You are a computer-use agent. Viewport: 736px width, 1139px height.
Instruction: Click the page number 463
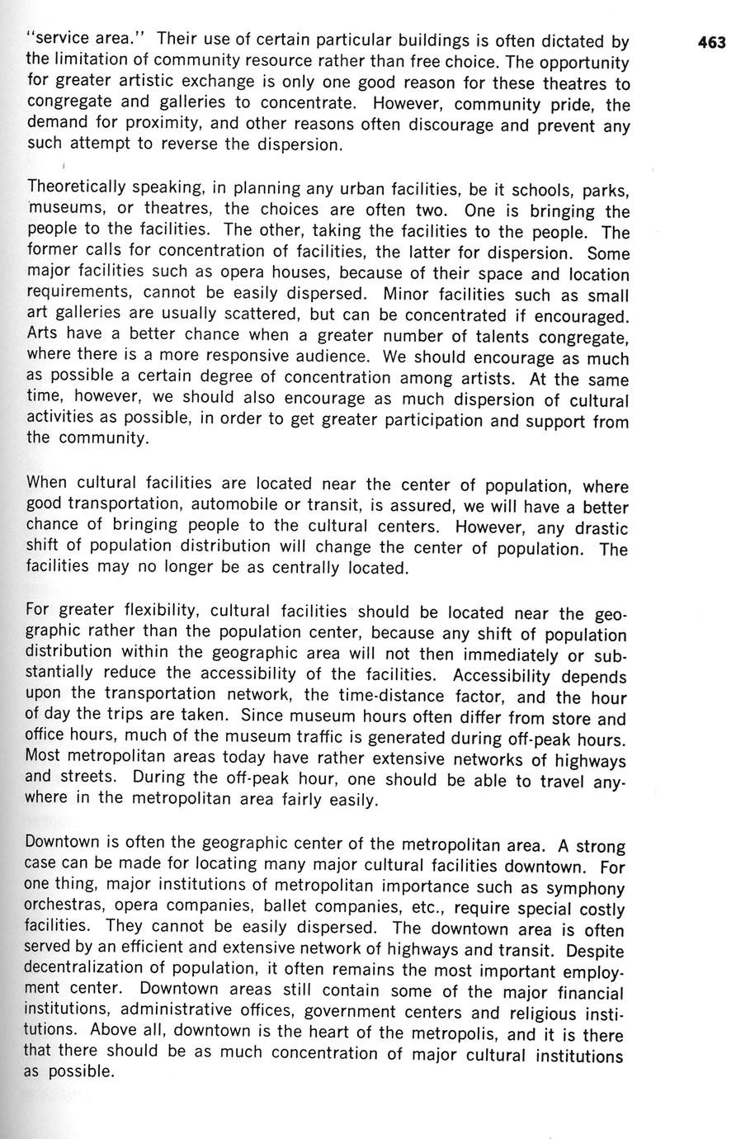point(710,42)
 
